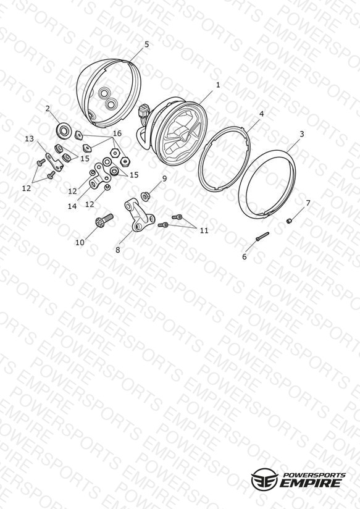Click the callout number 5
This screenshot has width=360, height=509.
point(147,44)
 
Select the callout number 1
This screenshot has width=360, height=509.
point(218,85)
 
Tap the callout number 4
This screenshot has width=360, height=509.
point(261,114)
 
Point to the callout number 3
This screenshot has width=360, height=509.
point(302,134)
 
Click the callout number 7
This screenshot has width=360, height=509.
point(308,203)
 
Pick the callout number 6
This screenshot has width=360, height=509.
point(245,257)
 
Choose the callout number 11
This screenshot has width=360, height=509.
point(204,230)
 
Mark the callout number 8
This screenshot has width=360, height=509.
point(117,250)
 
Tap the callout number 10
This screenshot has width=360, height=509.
point(80,243)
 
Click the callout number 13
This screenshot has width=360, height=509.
point(29,139)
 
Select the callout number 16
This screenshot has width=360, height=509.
point(117,133)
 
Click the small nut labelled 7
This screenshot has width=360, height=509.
point(288,221)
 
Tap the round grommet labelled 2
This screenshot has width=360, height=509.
point(63,130)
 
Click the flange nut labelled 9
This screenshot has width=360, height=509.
point(144,196)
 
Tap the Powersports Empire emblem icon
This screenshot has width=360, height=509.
point(264,479)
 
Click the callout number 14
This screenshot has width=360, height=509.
point(72,206)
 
